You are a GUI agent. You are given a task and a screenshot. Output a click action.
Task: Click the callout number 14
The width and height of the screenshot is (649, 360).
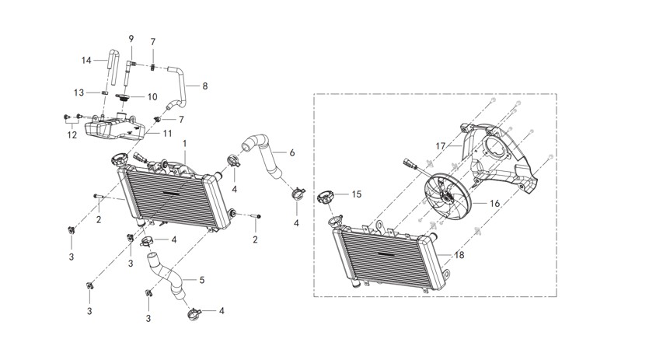[86, 61]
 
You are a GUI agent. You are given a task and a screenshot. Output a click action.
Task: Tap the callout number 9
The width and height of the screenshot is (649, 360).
[131, 39]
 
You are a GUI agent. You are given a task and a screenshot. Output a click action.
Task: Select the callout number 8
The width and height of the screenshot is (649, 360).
[205, 86]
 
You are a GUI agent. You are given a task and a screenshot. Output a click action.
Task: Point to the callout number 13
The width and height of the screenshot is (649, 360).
[79, 93]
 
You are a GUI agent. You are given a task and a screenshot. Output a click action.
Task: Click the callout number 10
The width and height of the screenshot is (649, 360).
[152, 96]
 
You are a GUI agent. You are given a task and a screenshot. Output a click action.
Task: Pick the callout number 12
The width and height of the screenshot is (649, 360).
[72, 135]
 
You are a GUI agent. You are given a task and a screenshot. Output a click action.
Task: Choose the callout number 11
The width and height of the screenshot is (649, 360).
[167, 134]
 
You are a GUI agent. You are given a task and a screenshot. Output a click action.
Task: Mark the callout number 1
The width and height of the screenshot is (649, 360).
[185, 144]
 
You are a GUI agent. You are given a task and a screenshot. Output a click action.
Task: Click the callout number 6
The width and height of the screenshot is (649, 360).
[291, 153]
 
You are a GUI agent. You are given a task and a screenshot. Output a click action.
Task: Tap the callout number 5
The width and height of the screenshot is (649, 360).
[202, 280]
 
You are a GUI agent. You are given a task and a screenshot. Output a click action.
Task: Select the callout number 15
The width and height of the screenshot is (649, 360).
[357, 194]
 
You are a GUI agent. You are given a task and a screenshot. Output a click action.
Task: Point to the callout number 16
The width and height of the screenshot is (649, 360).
[494, 204]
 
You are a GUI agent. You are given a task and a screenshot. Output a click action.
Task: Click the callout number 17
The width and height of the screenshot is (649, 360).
[441, 146]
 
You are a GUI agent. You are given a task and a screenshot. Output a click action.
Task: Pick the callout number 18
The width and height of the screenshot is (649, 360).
[459, 255]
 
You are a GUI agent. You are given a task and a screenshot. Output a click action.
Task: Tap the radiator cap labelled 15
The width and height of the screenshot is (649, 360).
[326, 197]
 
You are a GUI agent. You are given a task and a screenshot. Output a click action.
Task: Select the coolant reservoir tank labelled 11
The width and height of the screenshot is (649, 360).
[115, 128]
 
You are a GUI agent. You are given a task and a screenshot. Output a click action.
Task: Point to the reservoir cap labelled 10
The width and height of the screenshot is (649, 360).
[123, 98]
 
